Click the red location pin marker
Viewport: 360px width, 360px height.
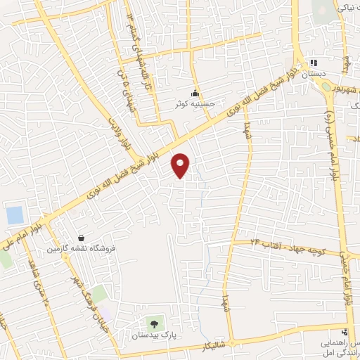pos(181,165)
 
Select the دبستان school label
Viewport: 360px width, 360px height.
pos(312,73)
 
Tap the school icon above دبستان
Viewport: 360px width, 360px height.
pos(314,63)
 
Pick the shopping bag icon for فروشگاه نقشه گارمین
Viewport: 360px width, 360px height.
pos(82,238)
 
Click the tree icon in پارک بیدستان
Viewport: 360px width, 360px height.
pos(154,324)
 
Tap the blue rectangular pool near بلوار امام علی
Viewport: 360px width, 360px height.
pos(14,215)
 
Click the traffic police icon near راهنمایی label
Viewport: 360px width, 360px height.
pos(344,331)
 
